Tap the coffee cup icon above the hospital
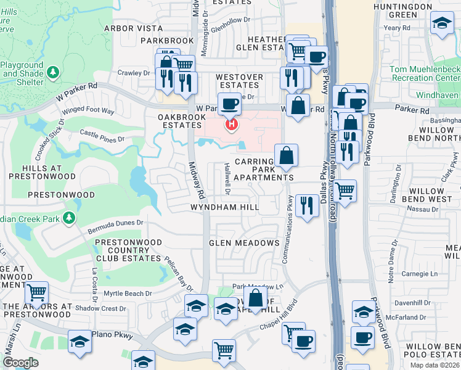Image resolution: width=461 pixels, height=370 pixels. click(x=230, y=104)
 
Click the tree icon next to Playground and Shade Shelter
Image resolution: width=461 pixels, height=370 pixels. click(x=54, y=73)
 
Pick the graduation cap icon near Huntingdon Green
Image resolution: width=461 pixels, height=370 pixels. click(x=441, y=24)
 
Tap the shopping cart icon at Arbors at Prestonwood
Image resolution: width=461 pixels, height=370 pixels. click(x=37, y=292)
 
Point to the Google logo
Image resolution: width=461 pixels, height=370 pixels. click(x=20, y=363)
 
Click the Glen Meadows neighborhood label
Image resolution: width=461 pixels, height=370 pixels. click(x=244, y=243)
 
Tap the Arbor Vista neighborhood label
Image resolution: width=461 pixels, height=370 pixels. click(x=134, y=28)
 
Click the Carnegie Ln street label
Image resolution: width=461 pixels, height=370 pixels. click(x=421, y=273)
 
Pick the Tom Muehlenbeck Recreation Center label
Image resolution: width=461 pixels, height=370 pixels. click(x=425, y=74)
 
